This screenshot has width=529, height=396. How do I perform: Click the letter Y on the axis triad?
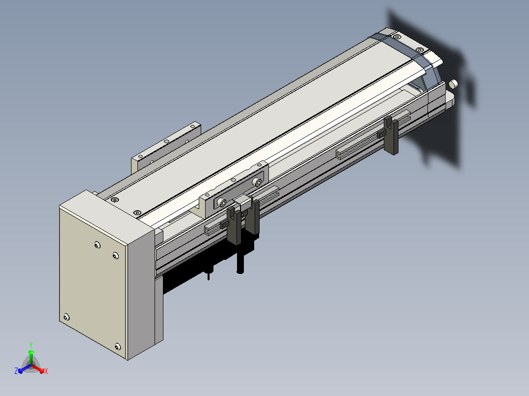pos(31,345)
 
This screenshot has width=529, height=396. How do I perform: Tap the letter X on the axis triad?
pos(46,371)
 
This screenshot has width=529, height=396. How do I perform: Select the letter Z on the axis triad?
pos(16,371)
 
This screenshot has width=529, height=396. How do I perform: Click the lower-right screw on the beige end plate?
pos(117,346)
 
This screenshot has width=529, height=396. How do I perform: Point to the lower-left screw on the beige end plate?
pos(66,317)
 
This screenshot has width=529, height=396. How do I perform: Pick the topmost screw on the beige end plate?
pos(98,245)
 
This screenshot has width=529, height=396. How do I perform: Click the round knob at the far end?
pos(454,84)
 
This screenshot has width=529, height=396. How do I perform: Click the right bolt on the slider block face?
pos(258,182)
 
